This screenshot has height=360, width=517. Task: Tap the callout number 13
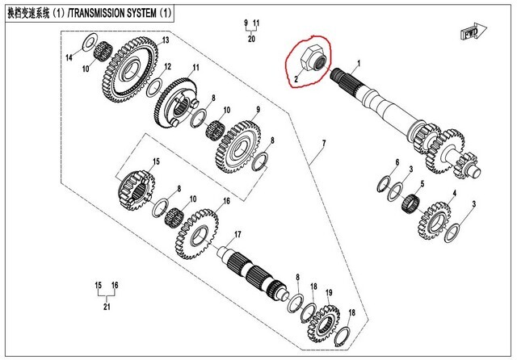[x=164, y=40]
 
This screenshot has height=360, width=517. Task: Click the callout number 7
[x=322, y=145]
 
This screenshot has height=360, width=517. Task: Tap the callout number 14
[x=69, y=58]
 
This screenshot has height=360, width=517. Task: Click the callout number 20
[x=250, y=38]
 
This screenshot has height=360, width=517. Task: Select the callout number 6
[x=396, y=163]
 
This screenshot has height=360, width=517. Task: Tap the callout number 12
[x=167, y=66]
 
